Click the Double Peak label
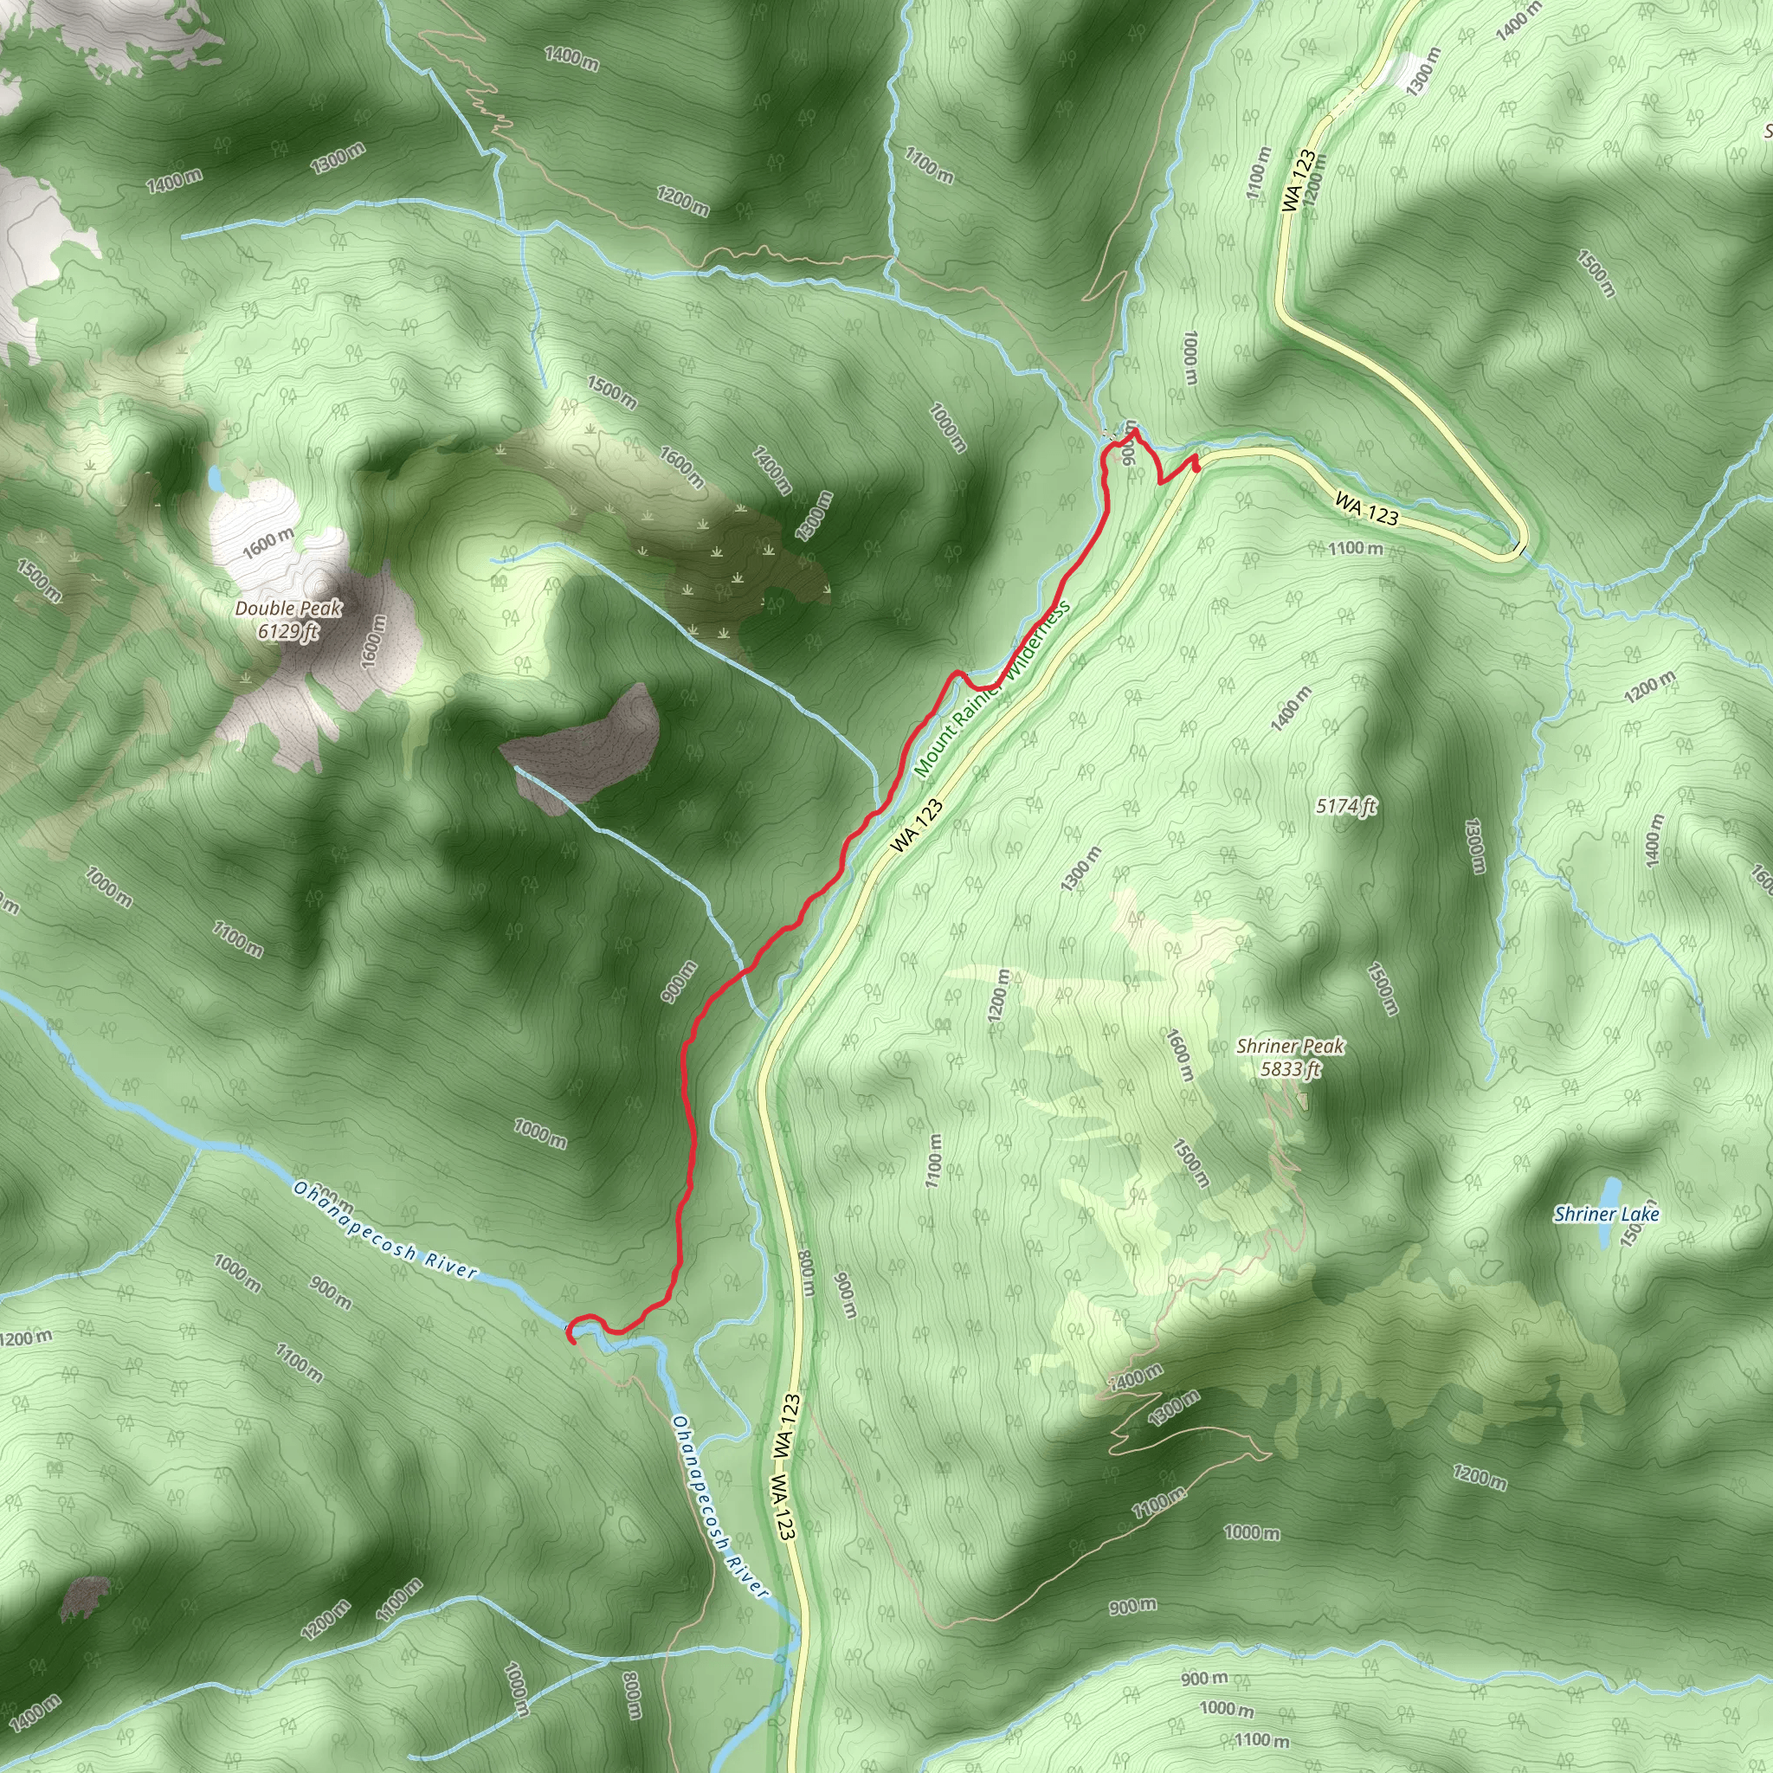click(x=288, y=609)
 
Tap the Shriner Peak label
click(x=1290, y=1046)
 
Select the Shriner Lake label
click(x=1606, y=1215)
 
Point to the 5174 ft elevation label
click(x=1345, y=807)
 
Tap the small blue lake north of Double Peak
click(x=215, y=477)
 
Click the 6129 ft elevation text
click(x=288, y=630)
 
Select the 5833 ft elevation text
click(x=1290, y=1068)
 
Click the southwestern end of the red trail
click(x=571, y=1341)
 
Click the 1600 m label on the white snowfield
click(x=269, y=545)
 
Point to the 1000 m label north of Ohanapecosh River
click(x=540, y=1134)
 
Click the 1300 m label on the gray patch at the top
click(x=1422, y=72)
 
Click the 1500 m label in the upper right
click(x=1596, y=273)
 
